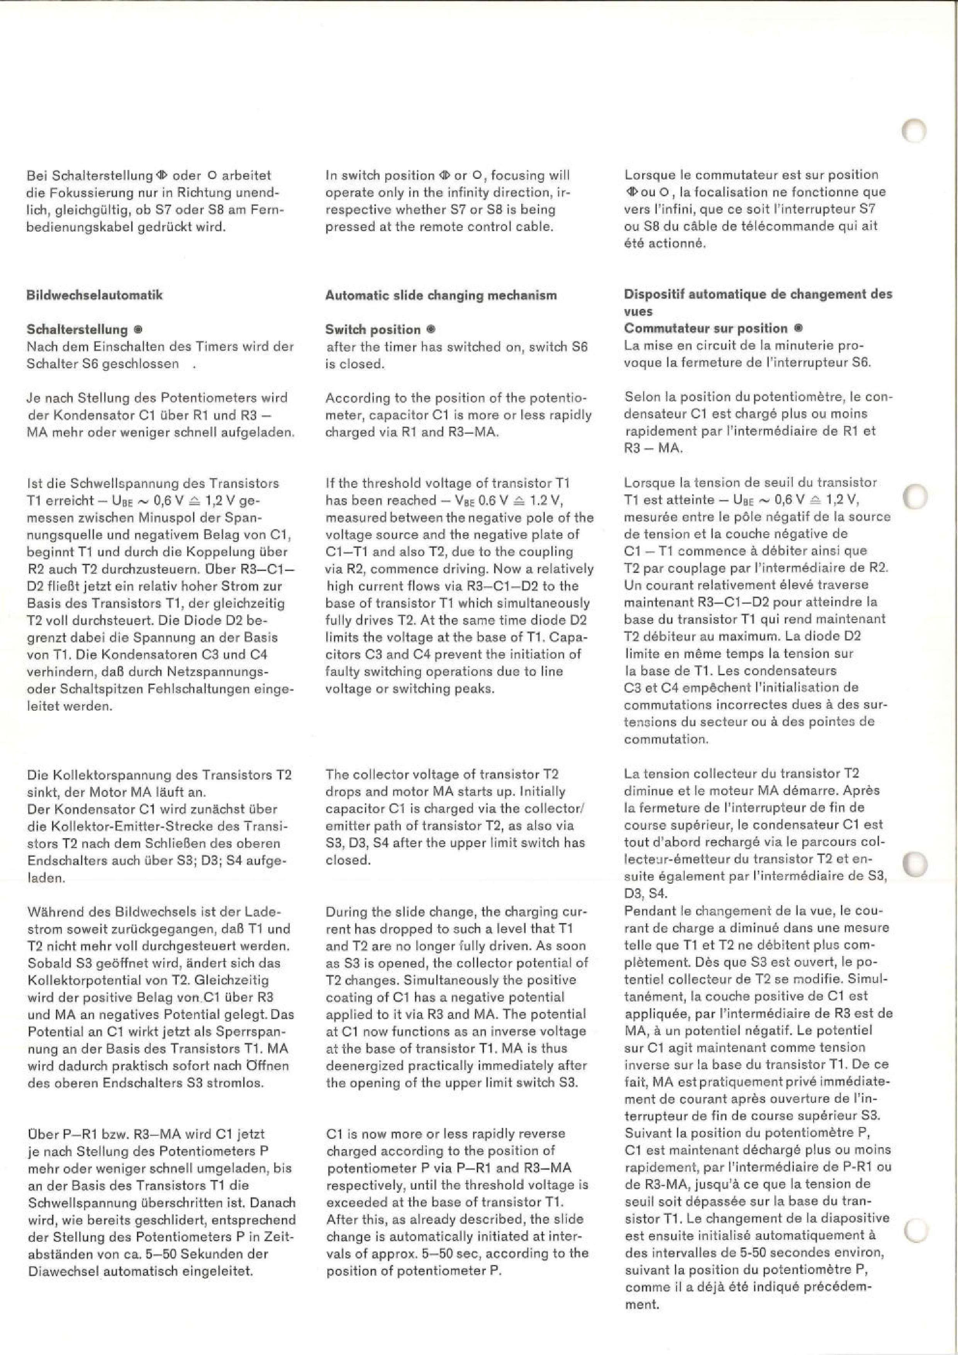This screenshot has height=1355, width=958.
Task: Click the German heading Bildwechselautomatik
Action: pyautogui.click(x=94, y=295)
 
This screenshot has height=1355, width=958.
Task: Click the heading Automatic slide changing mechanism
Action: pyautogui.click(x=441, y=295)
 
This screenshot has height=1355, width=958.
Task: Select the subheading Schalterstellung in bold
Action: pyautogui.click(x=77, y=329)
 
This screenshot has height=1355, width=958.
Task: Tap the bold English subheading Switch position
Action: pyautogui.click(x=373, y=329)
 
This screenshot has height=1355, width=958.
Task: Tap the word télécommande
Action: pyautogui.click(x=795, y=226)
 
